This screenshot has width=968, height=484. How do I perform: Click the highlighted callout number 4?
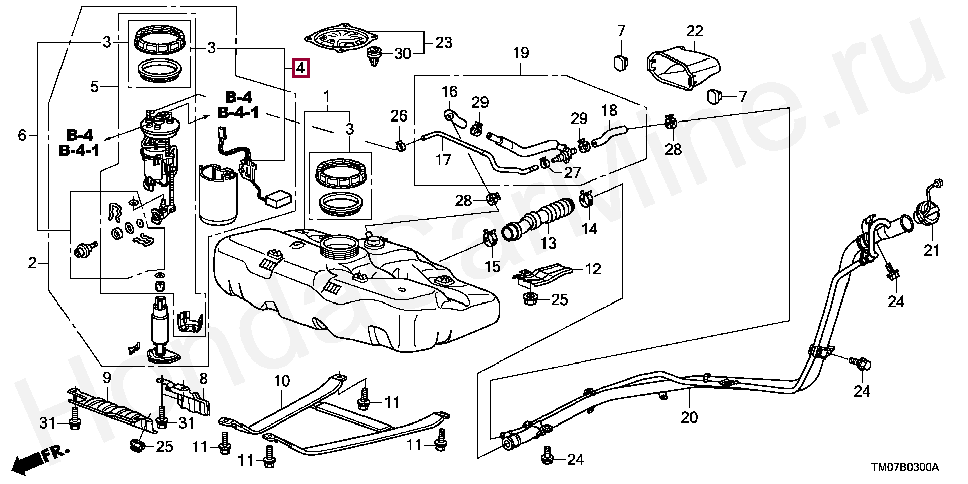[x=300, y=68]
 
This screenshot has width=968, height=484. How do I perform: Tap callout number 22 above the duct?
[x=694, y=31]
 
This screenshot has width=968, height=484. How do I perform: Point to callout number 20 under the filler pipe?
[x=689, y=417]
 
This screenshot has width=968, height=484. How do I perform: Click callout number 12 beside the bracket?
[x=593, y=269]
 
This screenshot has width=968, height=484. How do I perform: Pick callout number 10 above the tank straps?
[x=282, y=381]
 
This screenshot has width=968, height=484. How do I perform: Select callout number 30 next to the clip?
[x=403, y=53]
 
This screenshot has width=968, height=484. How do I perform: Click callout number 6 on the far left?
[x=22, y=135]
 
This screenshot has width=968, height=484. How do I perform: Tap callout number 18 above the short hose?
[x=609, y=110]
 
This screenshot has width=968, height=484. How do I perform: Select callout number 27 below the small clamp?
[x=573, y=173]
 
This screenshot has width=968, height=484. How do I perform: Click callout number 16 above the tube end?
[x=449, y=92]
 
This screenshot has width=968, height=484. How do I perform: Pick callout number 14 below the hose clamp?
[x=589, y=229]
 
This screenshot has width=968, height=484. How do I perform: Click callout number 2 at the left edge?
[x=32, y=263]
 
